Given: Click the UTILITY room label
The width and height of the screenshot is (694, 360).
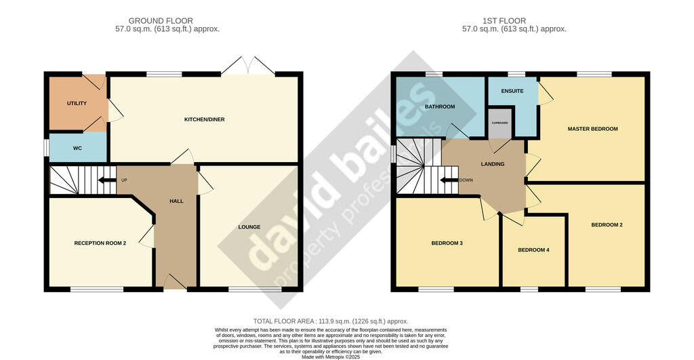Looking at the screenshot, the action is click(x=77, y=103).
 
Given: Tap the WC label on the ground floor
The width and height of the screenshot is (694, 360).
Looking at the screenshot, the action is click(x=77, y=148).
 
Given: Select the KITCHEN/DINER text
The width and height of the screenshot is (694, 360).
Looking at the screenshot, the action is click(x=205, y=119).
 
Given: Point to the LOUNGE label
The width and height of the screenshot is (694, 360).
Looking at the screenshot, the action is click(x=249, y=227).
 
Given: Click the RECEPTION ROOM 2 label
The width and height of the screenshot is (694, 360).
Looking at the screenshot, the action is click(x=100, y=243).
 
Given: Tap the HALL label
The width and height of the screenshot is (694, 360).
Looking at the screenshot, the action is click(x=176, y=201).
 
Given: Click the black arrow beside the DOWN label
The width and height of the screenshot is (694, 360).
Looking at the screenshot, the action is click(x=449, y=180).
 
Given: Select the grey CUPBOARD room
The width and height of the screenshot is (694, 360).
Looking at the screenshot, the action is click(x=500, y=123).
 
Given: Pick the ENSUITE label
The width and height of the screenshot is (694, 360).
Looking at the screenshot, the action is click(x=512, y=92).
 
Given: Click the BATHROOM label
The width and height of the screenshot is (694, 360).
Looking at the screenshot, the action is click(x=440, y=106).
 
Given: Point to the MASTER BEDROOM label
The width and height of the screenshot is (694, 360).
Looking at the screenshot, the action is click(x=592, y=129).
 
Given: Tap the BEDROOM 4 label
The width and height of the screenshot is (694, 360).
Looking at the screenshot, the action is click(x=534, y=249).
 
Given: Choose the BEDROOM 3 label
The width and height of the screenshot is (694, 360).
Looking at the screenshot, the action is click(x=447, y=243).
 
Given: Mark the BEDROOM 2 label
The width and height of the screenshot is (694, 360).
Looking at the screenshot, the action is click(x=607, y=225).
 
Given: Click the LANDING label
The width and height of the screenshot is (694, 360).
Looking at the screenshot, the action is click(x=493, y=164).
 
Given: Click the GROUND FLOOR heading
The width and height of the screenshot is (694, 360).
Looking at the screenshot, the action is click(x=161, y=21).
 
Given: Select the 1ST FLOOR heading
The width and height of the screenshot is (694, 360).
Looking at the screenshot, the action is click(x=504, y=21).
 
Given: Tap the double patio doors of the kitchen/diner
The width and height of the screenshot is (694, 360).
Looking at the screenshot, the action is click(x=248, y=66).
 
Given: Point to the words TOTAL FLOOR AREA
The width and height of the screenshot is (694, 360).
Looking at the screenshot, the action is click(x=284, y=321).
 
